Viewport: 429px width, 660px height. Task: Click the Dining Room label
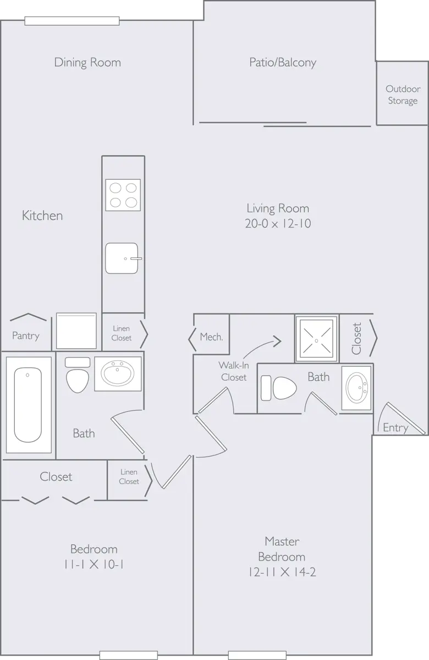87,62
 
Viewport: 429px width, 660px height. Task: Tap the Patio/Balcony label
283,62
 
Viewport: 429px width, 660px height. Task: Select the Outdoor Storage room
402,94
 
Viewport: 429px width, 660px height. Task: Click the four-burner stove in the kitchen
123,195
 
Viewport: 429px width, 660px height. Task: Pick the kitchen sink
122,258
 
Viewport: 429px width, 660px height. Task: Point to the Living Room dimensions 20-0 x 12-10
278,224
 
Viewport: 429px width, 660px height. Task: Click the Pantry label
26,335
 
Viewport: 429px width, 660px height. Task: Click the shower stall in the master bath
316,339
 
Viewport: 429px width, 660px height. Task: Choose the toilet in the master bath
278,388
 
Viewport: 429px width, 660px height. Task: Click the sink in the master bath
357,388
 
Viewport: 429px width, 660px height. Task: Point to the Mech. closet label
211,337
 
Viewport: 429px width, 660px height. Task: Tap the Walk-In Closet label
233,371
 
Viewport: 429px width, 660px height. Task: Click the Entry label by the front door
395,428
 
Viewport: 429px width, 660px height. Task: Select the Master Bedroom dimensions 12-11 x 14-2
282,572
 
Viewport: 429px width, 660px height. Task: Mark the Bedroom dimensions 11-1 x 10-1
94,564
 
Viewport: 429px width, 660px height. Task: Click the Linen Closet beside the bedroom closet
129,477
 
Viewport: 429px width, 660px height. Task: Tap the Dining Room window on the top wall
72,21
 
